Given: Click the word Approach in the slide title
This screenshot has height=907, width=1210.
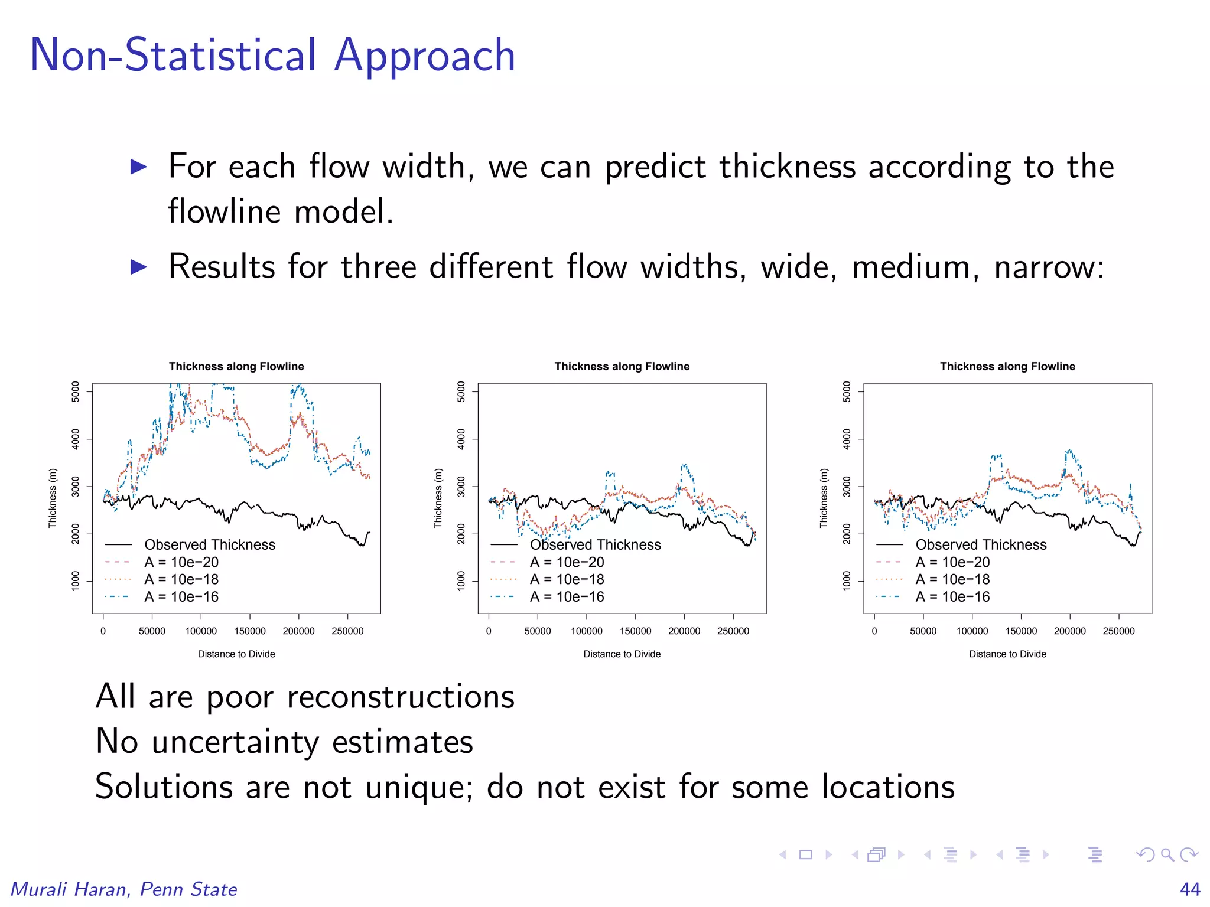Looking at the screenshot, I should [424, 56].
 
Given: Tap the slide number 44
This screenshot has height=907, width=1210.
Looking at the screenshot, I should [1190, 889].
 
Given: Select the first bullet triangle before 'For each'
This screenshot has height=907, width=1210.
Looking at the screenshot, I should [138, 167].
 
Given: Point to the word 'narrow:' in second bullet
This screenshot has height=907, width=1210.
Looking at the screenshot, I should [1049, 267].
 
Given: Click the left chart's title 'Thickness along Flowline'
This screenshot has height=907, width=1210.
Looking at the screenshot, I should [236, 366].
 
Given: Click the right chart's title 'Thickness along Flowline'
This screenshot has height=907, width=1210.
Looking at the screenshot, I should [1007, 366].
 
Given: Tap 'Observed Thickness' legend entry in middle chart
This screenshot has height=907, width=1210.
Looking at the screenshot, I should [595, 544].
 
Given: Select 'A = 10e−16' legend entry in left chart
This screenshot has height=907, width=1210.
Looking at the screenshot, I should [181, 596].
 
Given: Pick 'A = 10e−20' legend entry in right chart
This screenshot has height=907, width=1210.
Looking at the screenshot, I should [952, 562].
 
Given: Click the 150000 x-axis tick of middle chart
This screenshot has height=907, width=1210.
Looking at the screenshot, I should [635, 631].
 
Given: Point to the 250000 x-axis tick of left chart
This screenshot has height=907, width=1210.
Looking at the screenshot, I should [347, 631].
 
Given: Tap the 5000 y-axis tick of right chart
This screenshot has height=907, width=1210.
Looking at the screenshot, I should [847, 391].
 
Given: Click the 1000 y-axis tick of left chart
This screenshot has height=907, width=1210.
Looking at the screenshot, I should [76, 580].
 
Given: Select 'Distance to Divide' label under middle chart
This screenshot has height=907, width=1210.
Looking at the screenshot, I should [622, 654].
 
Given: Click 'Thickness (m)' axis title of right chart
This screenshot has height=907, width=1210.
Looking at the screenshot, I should [824, 498].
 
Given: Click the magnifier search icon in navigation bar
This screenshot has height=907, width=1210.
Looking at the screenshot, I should [1167, 854].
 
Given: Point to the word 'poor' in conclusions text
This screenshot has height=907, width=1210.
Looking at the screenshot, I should [239, 697].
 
